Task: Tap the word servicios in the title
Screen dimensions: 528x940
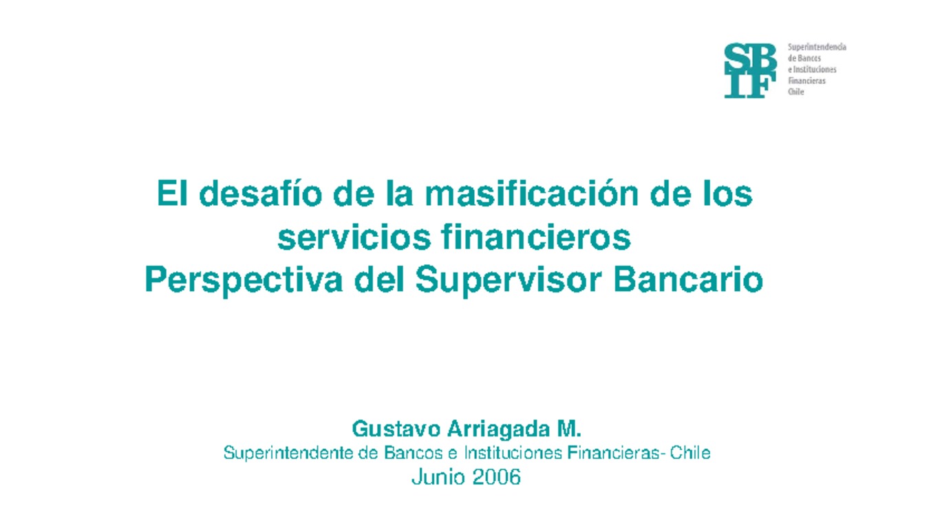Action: (x=352, y=237)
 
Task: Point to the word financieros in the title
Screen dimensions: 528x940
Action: (x=534, y=237)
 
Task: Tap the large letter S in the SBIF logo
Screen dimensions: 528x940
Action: (x=737, y=58)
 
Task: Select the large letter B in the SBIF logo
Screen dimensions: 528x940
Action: (x=762, y=58)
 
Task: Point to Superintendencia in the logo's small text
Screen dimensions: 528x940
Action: (x=817, y=47)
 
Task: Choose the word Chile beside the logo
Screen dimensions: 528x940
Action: (x=795, y=92)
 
